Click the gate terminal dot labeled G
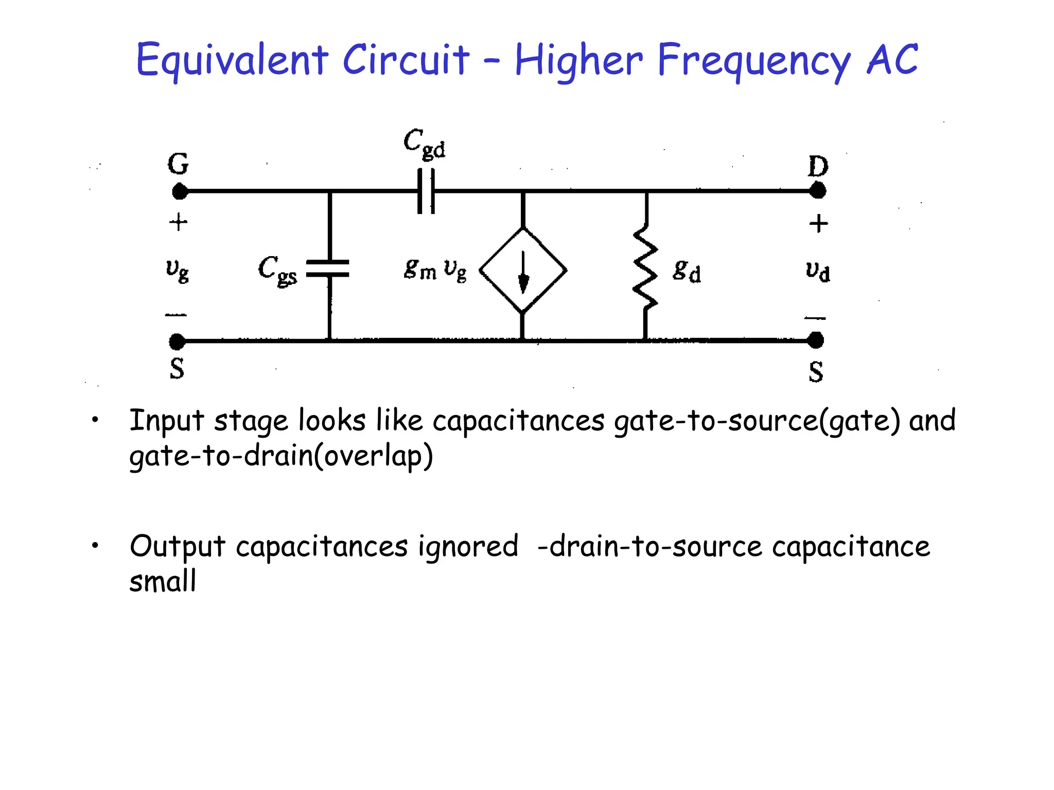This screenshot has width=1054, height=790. [180, 192]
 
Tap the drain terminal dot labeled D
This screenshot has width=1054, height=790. [817, 191]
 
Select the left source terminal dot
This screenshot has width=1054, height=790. [177, 341]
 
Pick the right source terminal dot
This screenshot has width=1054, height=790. [815, 340]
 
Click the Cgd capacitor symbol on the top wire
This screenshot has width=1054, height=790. [426, 191]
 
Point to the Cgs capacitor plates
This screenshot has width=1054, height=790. [328, 268]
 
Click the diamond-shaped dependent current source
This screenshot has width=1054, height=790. [523, 270]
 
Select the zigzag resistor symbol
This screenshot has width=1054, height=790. [645, 267]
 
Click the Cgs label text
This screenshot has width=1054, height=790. [277, 270]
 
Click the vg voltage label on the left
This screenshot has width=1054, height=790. [178, 270]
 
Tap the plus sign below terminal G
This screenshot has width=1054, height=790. [178, 223]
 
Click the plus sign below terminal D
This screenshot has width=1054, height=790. [818, 224]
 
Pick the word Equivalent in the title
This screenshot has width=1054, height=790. [232, 61]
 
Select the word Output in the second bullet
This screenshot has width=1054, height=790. [178, 547]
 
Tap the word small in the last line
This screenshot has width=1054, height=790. [163, 582]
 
